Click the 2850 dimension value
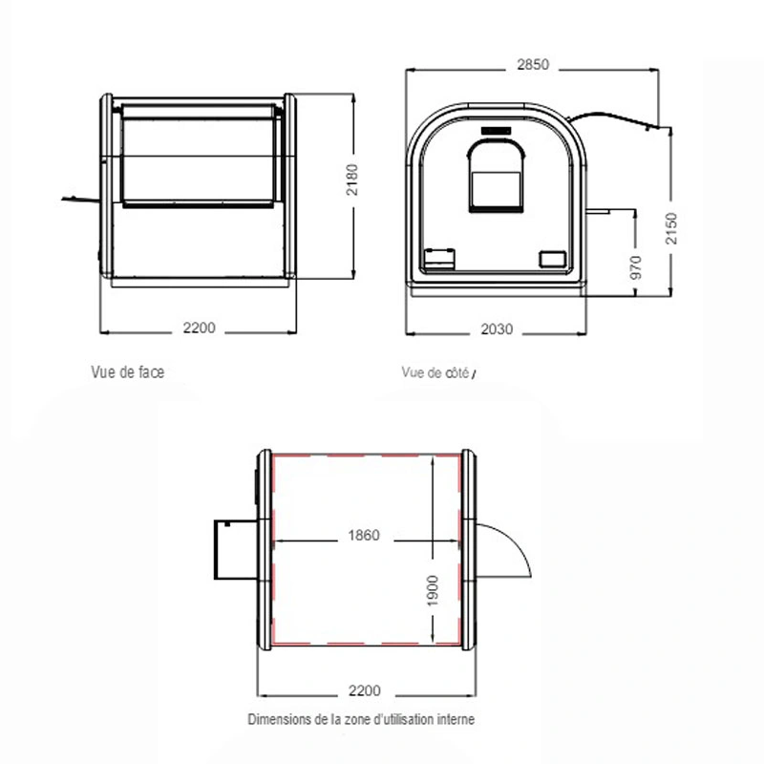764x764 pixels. tap(533, 65)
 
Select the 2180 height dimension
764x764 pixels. tap(351, 180)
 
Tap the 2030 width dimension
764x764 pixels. tap(497, 329)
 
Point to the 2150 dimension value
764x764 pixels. tap(671, 228)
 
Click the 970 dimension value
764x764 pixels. tap(636, 267)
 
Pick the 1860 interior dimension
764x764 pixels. tap(364, 536)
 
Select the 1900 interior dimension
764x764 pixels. tap(433, 591)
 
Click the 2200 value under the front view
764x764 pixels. tap(199, 328)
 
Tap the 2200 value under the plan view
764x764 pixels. tap(364, 690)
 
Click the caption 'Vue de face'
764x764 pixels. tap(128, 372)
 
